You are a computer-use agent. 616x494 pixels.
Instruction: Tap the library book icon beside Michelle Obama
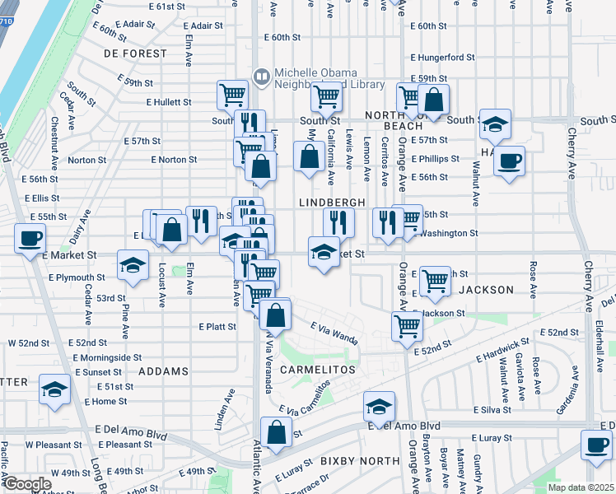(262, 77)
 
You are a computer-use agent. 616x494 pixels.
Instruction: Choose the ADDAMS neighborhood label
(163, 371)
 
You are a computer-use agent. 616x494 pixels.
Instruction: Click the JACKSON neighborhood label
(486, 290)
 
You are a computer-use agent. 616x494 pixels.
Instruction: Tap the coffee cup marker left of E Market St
(30, 240)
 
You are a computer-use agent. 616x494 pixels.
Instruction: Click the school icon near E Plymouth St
(132, 266)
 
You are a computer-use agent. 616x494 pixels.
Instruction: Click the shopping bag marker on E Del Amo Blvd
(277, 431)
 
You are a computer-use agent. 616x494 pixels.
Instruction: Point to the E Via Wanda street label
(334, 333)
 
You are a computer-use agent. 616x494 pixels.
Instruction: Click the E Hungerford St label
(444, 58)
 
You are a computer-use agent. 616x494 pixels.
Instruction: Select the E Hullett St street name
(169, 102)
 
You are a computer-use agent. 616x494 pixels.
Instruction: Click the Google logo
(27, 484)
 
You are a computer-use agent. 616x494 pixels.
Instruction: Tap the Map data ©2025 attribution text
(580, 486)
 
